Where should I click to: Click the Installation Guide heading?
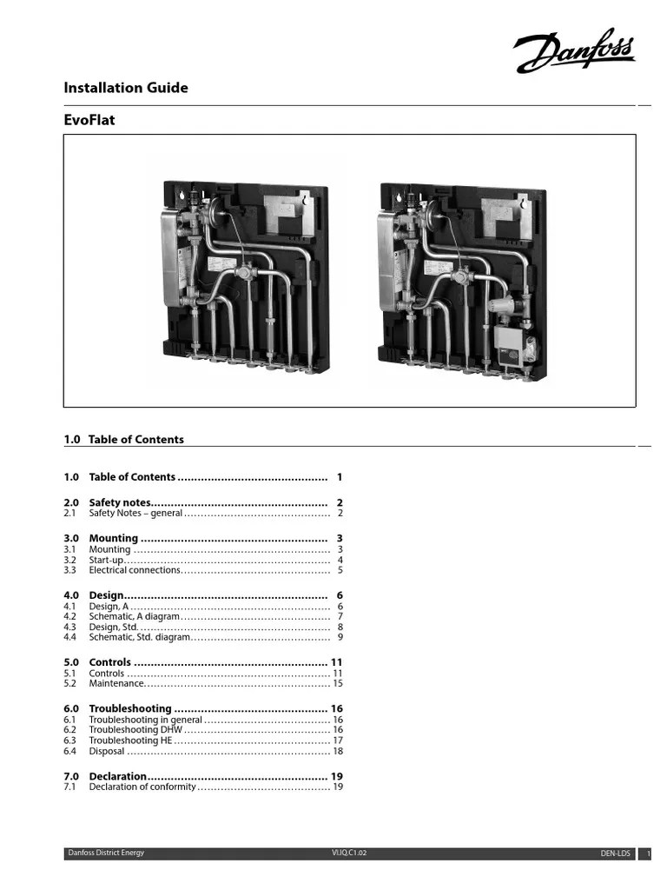pos(126,88)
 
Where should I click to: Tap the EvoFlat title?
pos(89,121)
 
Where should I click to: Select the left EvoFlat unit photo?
pos(246,272)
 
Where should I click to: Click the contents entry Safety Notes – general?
pos(135,514)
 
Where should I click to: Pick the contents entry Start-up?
pos(106,561)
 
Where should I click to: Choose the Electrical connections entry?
pos(135,571)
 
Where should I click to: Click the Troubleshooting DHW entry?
pos(135,730)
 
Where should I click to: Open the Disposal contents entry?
pos(107,751)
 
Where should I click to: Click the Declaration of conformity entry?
pos(142,787)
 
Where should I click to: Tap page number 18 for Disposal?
pos(338,751)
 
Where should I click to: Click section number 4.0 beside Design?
pos(71,594)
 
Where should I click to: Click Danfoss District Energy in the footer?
pos(107,853)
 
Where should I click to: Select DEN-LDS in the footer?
pos(616,854)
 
